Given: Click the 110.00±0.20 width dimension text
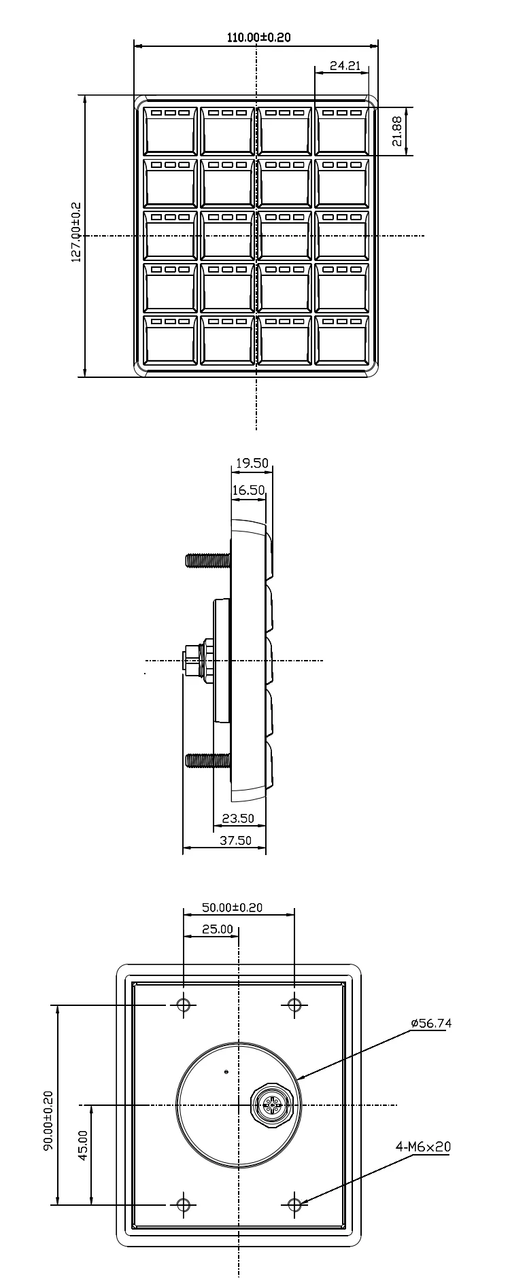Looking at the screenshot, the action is coord(258,37).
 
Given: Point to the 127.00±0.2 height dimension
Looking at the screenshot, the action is coord(76,231).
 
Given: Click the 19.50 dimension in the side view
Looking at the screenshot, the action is coord(252,464).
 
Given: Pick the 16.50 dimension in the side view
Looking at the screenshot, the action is coord(248,490).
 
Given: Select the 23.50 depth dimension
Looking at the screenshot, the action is coord(238,818).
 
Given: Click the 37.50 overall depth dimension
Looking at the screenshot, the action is coord(235,840).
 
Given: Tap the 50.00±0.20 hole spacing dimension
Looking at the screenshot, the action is coord(232,907).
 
